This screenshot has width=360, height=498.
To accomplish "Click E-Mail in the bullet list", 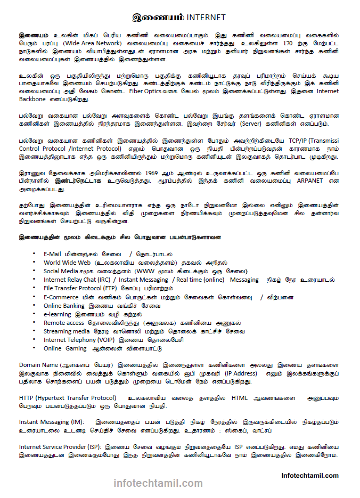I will [55, 254].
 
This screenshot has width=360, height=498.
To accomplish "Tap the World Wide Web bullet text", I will [67, 263].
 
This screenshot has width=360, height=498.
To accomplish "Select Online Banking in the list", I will [64, 306].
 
